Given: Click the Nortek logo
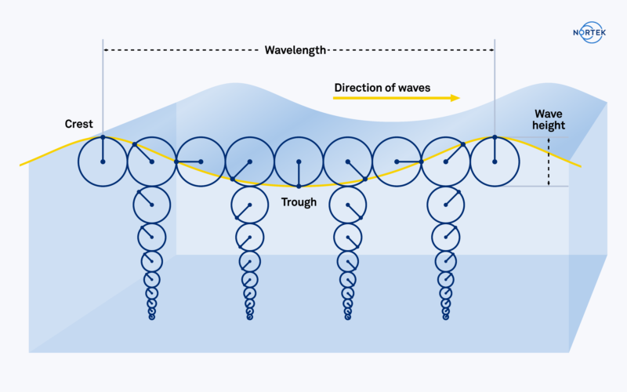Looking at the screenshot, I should point(589,34).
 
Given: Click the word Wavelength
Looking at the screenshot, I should point(295,51).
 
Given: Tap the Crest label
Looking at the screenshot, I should point(79,124).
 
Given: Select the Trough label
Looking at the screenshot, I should point(299,202).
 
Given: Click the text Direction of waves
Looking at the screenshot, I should point(382,88).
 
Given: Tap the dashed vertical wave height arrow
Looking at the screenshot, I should point(549,162).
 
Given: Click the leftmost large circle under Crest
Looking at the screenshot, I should point(103,162).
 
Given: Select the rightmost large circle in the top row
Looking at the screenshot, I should point(495,162).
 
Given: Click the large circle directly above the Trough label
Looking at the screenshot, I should point(299,162).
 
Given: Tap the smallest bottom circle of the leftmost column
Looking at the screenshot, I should point(152,318).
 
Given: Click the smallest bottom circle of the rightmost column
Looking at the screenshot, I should point(446,318).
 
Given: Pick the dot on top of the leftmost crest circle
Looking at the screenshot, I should point(103,137).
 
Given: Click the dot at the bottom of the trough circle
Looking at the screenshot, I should point(299,186).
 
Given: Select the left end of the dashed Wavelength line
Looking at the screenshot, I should point(104,51).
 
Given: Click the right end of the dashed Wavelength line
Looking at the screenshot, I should point(493,51).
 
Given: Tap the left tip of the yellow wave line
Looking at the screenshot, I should point(21,165).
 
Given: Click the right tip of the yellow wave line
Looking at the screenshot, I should point(580,166).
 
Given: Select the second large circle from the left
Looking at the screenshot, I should point(151,162).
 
